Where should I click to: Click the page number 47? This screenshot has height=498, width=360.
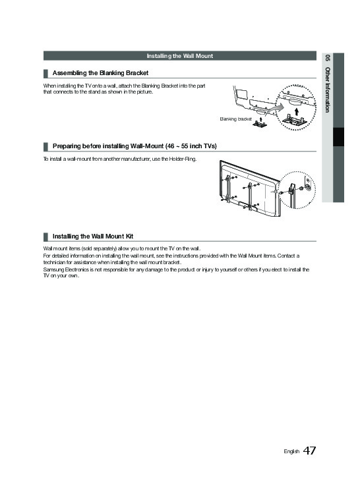click(x=309, y=451)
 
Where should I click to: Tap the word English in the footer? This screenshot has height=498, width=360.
click(x=291, y=451)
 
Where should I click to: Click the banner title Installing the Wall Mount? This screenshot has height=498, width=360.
click(x=180, y=56)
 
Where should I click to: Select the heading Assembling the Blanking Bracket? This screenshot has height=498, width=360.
click(x=100, y=73)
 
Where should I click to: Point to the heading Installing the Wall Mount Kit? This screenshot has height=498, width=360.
click(x=93, y=236)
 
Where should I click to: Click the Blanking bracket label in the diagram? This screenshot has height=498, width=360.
click(x=235, y=119)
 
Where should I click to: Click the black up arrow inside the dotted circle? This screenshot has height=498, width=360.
click(x=297, y=111)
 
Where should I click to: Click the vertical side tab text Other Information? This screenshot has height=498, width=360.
click(x=328, y=90)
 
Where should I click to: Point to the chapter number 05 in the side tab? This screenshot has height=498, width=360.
click(x=328, y=58)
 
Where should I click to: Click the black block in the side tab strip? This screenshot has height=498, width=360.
click(x=338, y=137)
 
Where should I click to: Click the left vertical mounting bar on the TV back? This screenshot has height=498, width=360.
click(x=227, y=188)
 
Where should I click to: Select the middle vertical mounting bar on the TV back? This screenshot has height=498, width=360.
click(x=250, y=196)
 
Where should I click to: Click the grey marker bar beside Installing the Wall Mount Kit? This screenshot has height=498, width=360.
click(x=45, y=236)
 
